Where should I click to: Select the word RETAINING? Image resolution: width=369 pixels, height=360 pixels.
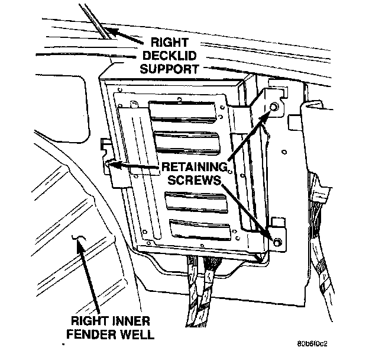coord(196,168)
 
